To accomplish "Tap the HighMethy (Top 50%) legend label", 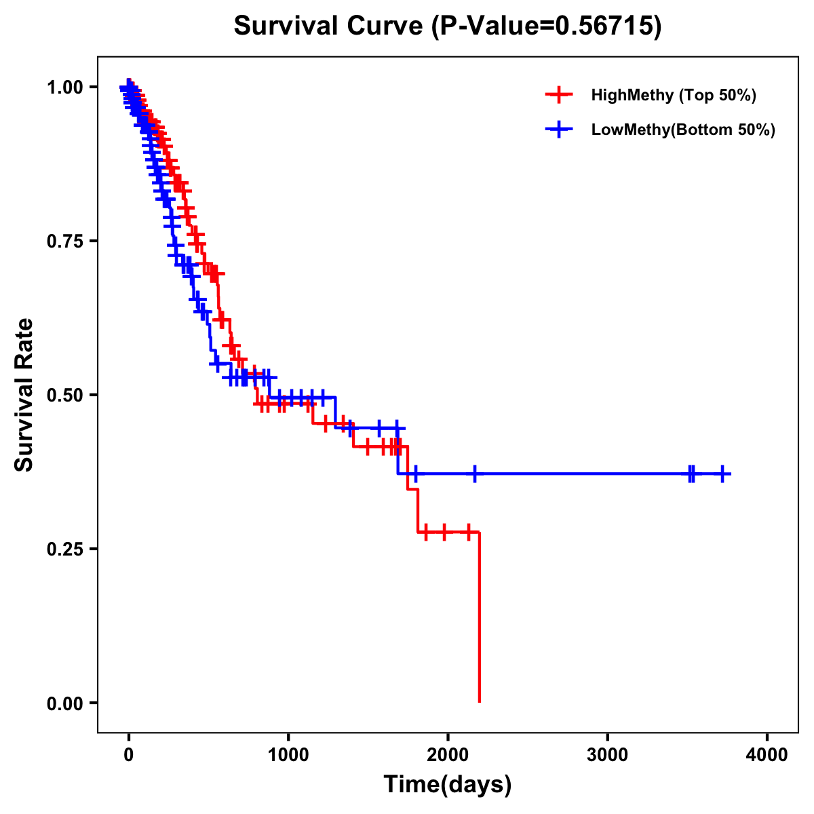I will coord(673,95).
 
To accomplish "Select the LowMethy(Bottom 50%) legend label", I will coord(683,130).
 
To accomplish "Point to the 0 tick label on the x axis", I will coord(128,755).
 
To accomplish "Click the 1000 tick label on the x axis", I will coord(288,755).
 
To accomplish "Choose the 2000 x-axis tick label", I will coord(448,755).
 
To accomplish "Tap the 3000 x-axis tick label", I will coord(608,755).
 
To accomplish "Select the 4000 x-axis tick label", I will coord(767,755).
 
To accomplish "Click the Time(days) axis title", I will coord(448,785).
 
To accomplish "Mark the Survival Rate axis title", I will coord(24,395).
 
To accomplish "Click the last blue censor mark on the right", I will coord(722,473).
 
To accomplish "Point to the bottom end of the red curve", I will coord(480,701).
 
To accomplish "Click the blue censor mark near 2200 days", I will coord(475,473).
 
